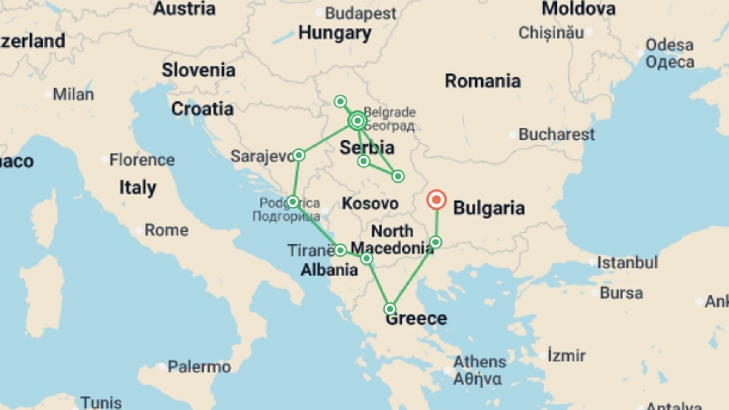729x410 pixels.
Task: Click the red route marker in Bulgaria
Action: pos(436,200)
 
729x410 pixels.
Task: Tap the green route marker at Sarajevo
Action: pos(299,155)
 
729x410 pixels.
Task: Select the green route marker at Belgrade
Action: pos(357,121)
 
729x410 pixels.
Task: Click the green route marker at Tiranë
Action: pos(340,250)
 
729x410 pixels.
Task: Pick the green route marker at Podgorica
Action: pos(293,202)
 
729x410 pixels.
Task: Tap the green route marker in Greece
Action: pos(390,309)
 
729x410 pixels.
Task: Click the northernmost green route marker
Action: pos(340,101)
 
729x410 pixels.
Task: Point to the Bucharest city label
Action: pos(556,134)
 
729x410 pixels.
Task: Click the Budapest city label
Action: pos(360,14)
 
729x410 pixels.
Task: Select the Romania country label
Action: pos(483,81)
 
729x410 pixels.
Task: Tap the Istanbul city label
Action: pos(627,262)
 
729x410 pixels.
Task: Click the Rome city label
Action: pos(166,230)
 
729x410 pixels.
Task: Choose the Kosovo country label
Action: pos(370,203)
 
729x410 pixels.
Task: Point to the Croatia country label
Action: pos(202,109)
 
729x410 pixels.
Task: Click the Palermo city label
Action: pos(199,367)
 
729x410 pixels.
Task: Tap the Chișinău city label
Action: pos(551,33)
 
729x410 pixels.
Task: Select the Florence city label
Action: pos(142,160)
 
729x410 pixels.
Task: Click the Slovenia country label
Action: pos(199,70)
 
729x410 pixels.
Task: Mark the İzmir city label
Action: pos(566,356)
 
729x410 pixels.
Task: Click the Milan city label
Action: pos(73,94)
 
